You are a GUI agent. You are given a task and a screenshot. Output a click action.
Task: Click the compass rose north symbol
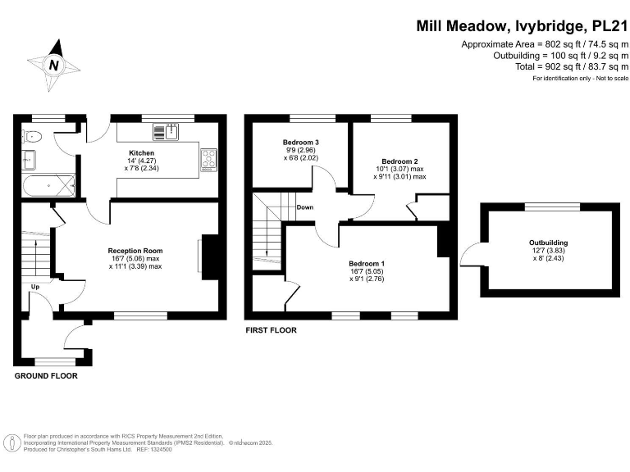(x=54, y=63)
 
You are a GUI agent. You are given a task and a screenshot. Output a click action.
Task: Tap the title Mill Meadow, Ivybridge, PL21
(x=522, y=26)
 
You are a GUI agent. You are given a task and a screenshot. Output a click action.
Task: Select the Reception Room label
(x=135, y=251)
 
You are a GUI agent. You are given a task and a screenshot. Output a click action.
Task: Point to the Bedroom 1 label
(x=367, y=263)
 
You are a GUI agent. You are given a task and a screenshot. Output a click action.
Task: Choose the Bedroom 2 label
(x=399, y=161)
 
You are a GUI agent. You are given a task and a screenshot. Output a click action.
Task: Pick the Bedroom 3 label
(x=300, y=143)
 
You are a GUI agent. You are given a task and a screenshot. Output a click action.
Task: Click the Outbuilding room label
(x=548, y=243)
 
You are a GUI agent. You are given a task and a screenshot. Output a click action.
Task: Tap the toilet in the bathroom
(x=32, y=136)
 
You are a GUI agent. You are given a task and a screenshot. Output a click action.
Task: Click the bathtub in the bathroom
(x=49, y=185)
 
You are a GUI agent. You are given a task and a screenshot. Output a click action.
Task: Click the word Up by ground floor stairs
(x=35, y=287)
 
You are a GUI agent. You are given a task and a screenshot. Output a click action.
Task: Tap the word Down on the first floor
(x=304, y=207)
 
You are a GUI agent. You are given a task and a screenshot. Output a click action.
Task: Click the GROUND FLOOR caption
(x=46, y=376)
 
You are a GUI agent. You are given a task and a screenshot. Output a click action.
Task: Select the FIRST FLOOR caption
(x=271, y=330)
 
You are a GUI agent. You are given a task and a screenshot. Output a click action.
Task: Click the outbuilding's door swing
(x=471, y=256)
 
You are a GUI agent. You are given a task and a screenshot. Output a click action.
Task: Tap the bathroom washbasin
(x=30, y=159)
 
